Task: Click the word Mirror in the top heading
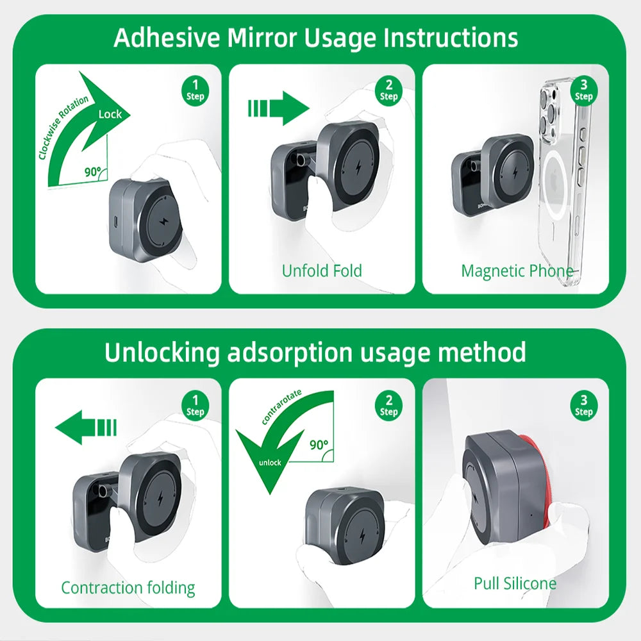(262, 38)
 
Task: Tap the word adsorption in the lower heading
(290, 353)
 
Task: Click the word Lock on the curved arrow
(110, 114)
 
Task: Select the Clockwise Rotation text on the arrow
(63, 127)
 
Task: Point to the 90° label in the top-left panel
(92, 172)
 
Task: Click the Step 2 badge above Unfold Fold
(389, 90)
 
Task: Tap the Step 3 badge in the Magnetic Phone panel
(584, 90)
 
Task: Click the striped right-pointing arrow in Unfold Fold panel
(278, 108)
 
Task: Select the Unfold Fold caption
(322, 271)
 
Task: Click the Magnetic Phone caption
(517, 271)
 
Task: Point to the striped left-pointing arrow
(86, 427)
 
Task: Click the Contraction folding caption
(128, 588)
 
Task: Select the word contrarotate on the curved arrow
(281, 406)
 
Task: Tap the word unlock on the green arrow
(270, 462)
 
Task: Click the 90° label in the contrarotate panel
(319, 444)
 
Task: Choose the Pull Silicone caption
(515, 583)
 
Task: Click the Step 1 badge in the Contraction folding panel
(195, 406)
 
